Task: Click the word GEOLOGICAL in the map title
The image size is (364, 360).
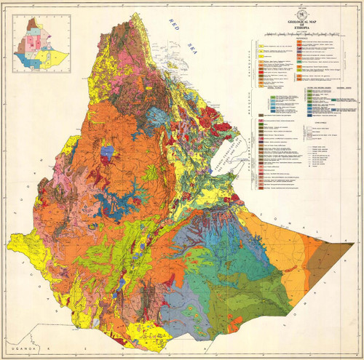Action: click(x=293, y=23)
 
